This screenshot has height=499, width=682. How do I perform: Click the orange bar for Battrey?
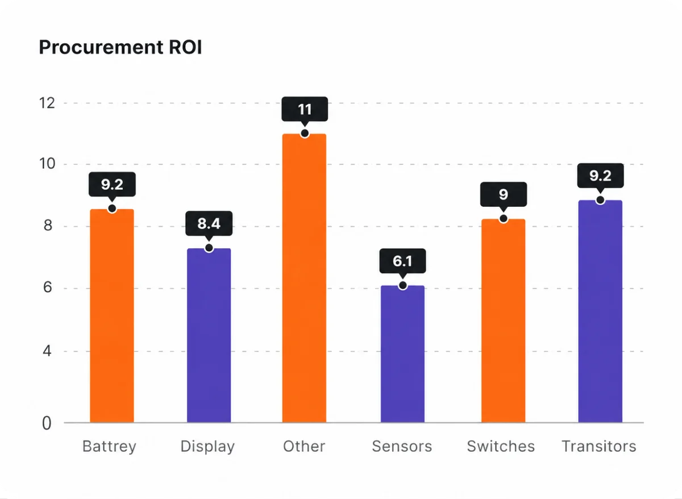point(112,316)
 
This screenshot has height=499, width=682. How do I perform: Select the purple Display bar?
point(209,335)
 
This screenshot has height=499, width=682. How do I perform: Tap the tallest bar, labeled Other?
point(304,278)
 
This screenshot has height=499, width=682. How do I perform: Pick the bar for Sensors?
point(402,354)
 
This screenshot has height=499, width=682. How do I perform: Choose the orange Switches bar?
point(504,321)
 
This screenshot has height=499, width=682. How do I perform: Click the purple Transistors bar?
point(600,311)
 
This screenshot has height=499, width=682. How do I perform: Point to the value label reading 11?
point(305,109)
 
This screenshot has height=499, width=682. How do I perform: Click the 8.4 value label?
point(209,223)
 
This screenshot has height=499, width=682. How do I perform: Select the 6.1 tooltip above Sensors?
point(402,261)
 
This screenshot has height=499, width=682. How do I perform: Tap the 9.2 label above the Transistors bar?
point(600,176)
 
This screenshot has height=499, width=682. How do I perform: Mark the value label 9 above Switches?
point(504,194)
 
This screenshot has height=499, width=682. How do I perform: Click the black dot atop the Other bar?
point(305,134)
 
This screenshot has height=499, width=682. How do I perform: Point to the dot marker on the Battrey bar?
point(112,209)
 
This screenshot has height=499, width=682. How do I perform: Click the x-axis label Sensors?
point(402,446)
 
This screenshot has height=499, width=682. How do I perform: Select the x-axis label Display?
point(207,447)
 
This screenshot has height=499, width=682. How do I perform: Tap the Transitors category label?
point(599,446)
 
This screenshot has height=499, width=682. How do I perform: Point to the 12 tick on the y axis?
point(47,103)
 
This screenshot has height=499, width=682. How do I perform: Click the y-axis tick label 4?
point(47,351)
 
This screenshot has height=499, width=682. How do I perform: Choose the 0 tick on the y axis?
point(47,423)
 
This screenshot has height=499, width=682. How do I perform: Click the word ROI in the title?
point(185,47)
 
